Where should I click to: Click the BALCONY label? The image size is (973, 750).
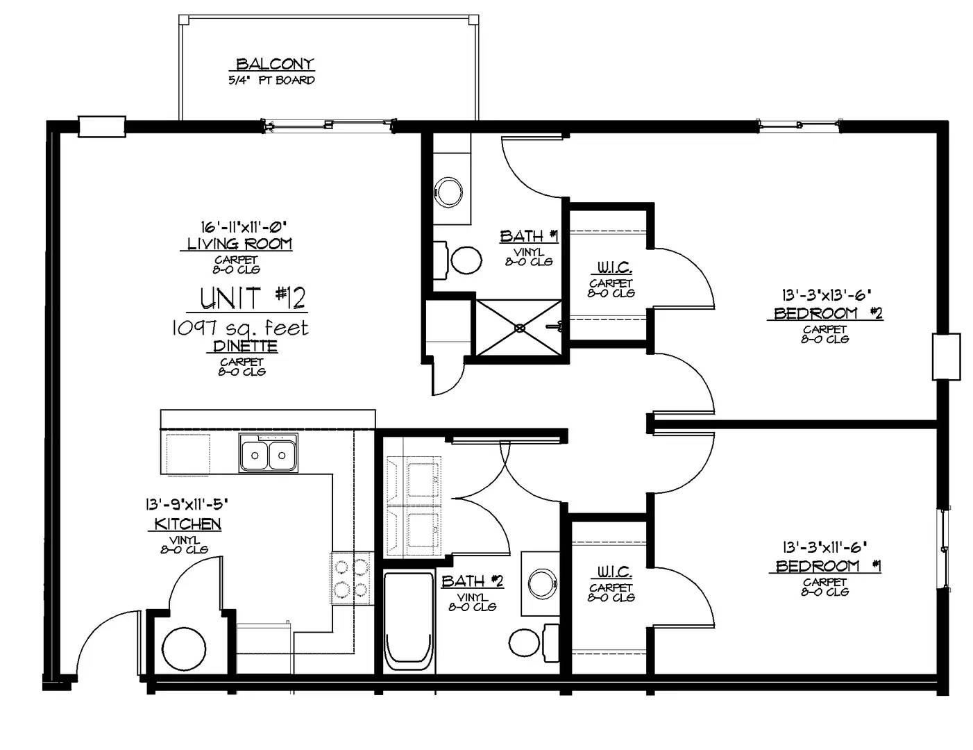pos(275,64)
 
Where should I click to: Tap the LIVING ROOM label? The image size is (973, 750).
pos(239,244)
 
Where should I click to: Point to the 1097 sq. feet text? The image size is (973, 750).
pos(240,328)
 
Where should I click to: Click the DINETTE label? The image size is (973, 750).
pos(245,347)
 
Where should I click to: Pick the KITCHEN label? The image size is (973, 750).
pos(187,524)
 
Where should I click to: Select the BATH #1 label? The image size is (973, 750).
pos(529,235)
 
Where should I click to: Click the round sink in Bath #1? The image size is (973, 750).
pos(448,192)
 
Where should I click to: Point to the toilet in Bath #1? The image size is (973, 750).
pos(459,260)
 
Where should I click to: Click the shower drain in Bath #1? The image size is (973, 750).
pos(519,328)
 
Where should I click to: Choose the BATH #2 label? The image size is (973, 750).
pos(473,581)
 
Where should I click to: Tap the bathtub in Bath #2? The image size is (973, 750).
pos(409,622)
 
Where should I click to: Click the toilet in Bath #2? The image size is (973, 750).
pos(534,643)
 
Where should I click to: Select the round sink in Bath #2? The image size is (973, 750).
pos(542,583)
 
